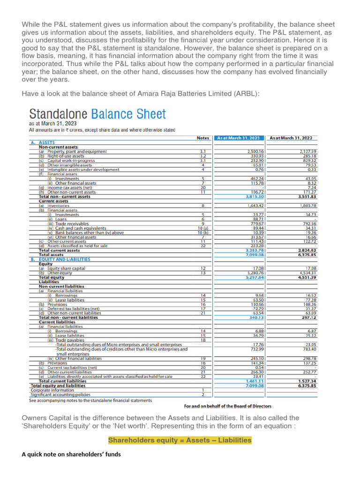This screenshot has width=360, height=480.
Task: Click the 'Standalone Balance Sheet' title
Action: point(97,114)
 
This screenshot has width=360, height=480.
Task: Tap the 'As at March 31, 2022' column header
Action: point(291,138)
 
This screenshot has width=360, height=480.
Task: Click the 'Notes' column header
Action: point(203,138)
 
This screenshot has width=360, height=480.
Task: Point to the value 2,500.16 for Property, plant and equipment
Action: point(255,152)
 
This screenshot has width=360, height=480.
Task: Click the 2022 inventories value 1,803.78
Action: point(307,206)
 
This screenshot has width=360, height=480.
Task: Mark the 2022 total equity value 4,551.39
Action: point(307,277)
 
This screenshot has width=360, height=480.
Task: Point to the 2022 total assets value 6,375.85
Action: point(307,255)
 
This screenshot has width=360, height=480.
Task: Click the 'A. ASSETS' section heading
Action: point(43,142)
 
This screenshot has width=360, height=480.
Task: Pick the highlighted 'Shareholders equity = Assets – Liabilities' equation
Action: point(180,440)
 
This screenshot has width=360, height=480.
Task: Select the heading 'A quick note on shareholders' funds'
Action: point(71,454)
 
